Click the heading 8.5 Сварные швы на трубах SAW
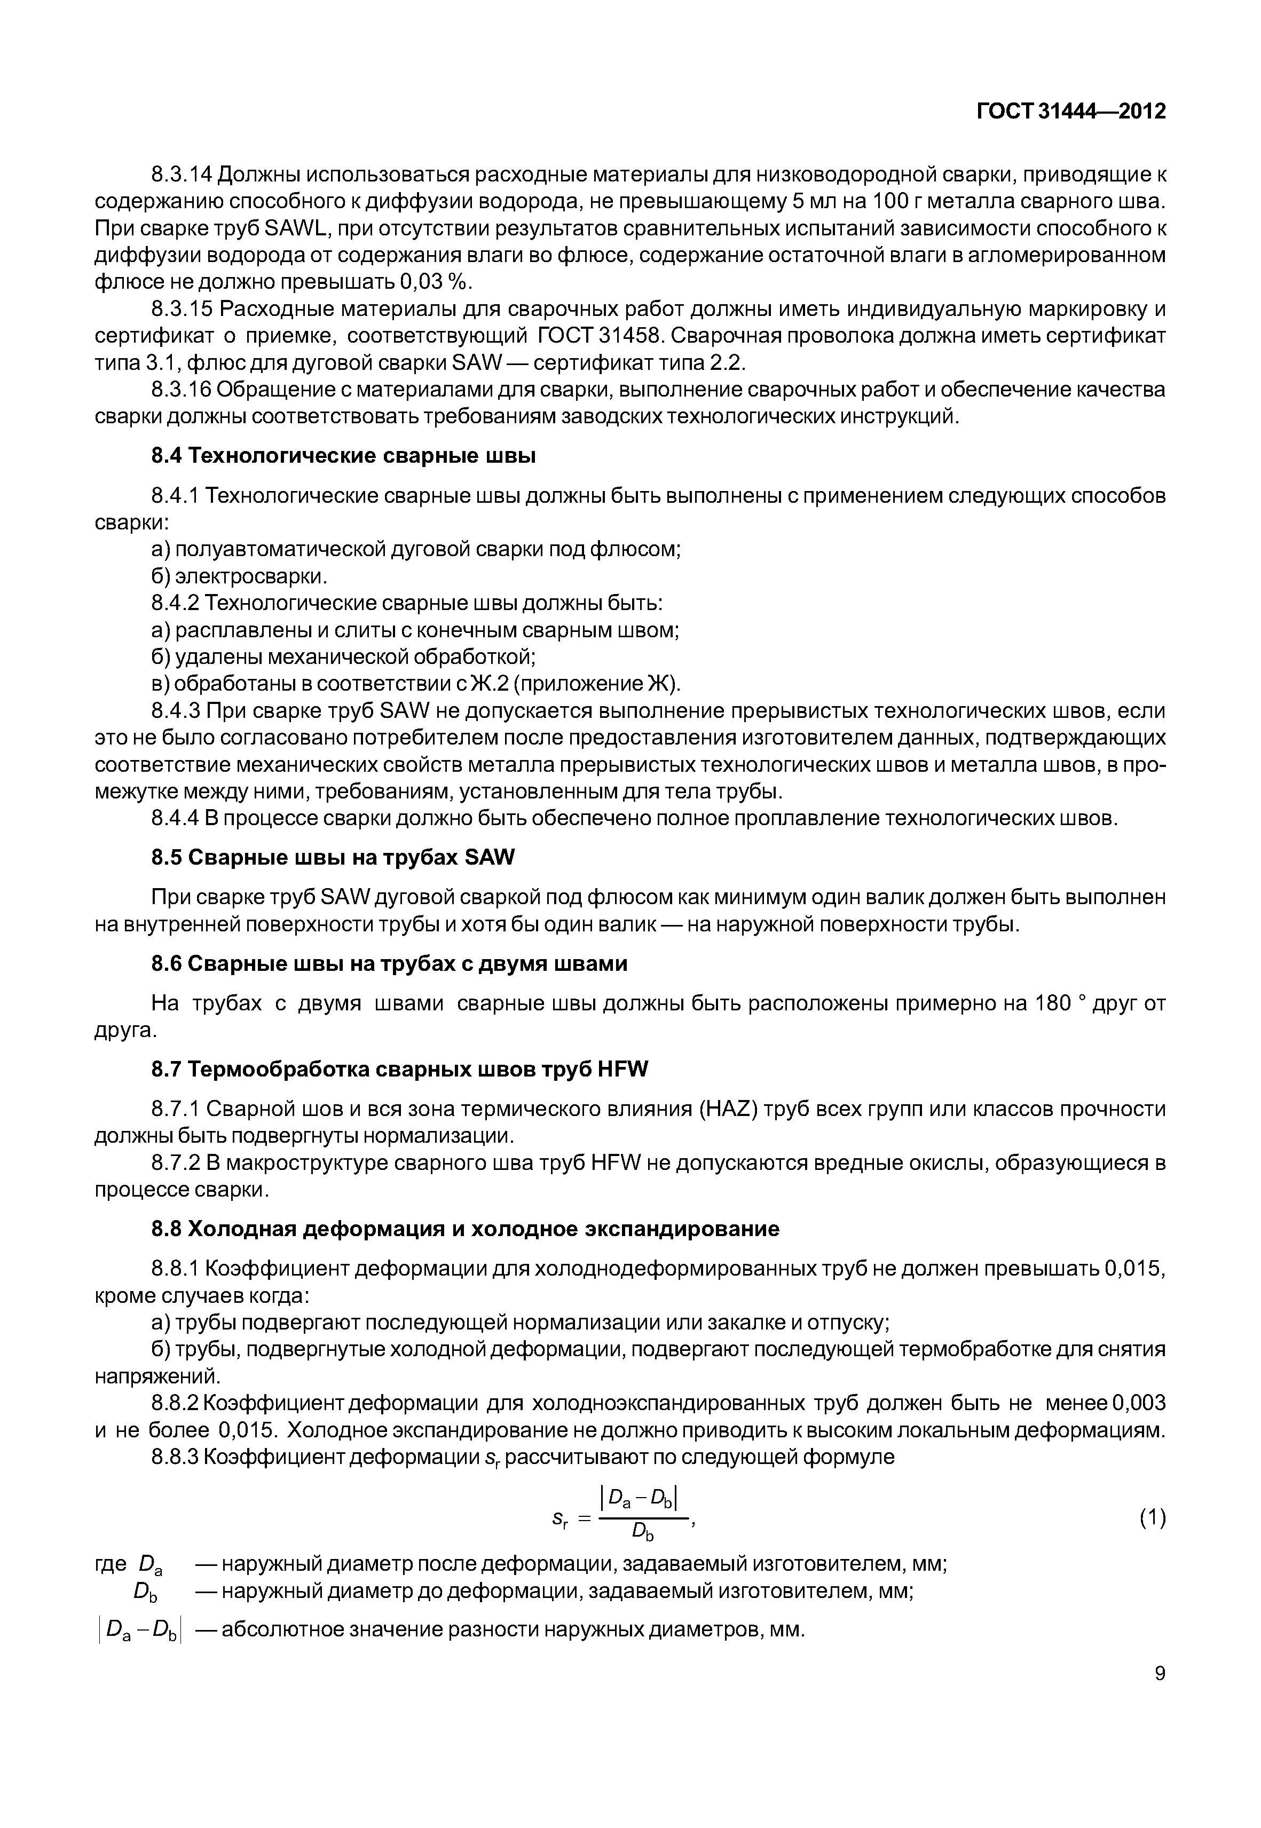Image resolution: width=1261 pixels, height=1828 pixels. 333,857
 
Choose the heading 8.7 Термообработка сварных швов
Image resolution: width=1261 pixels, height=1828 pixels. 399,1070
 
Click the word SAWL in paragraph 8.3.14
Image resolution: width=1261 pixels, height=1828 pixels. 293,228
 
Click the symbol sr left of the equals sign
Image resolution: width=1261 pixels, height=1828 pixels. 562,1518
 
